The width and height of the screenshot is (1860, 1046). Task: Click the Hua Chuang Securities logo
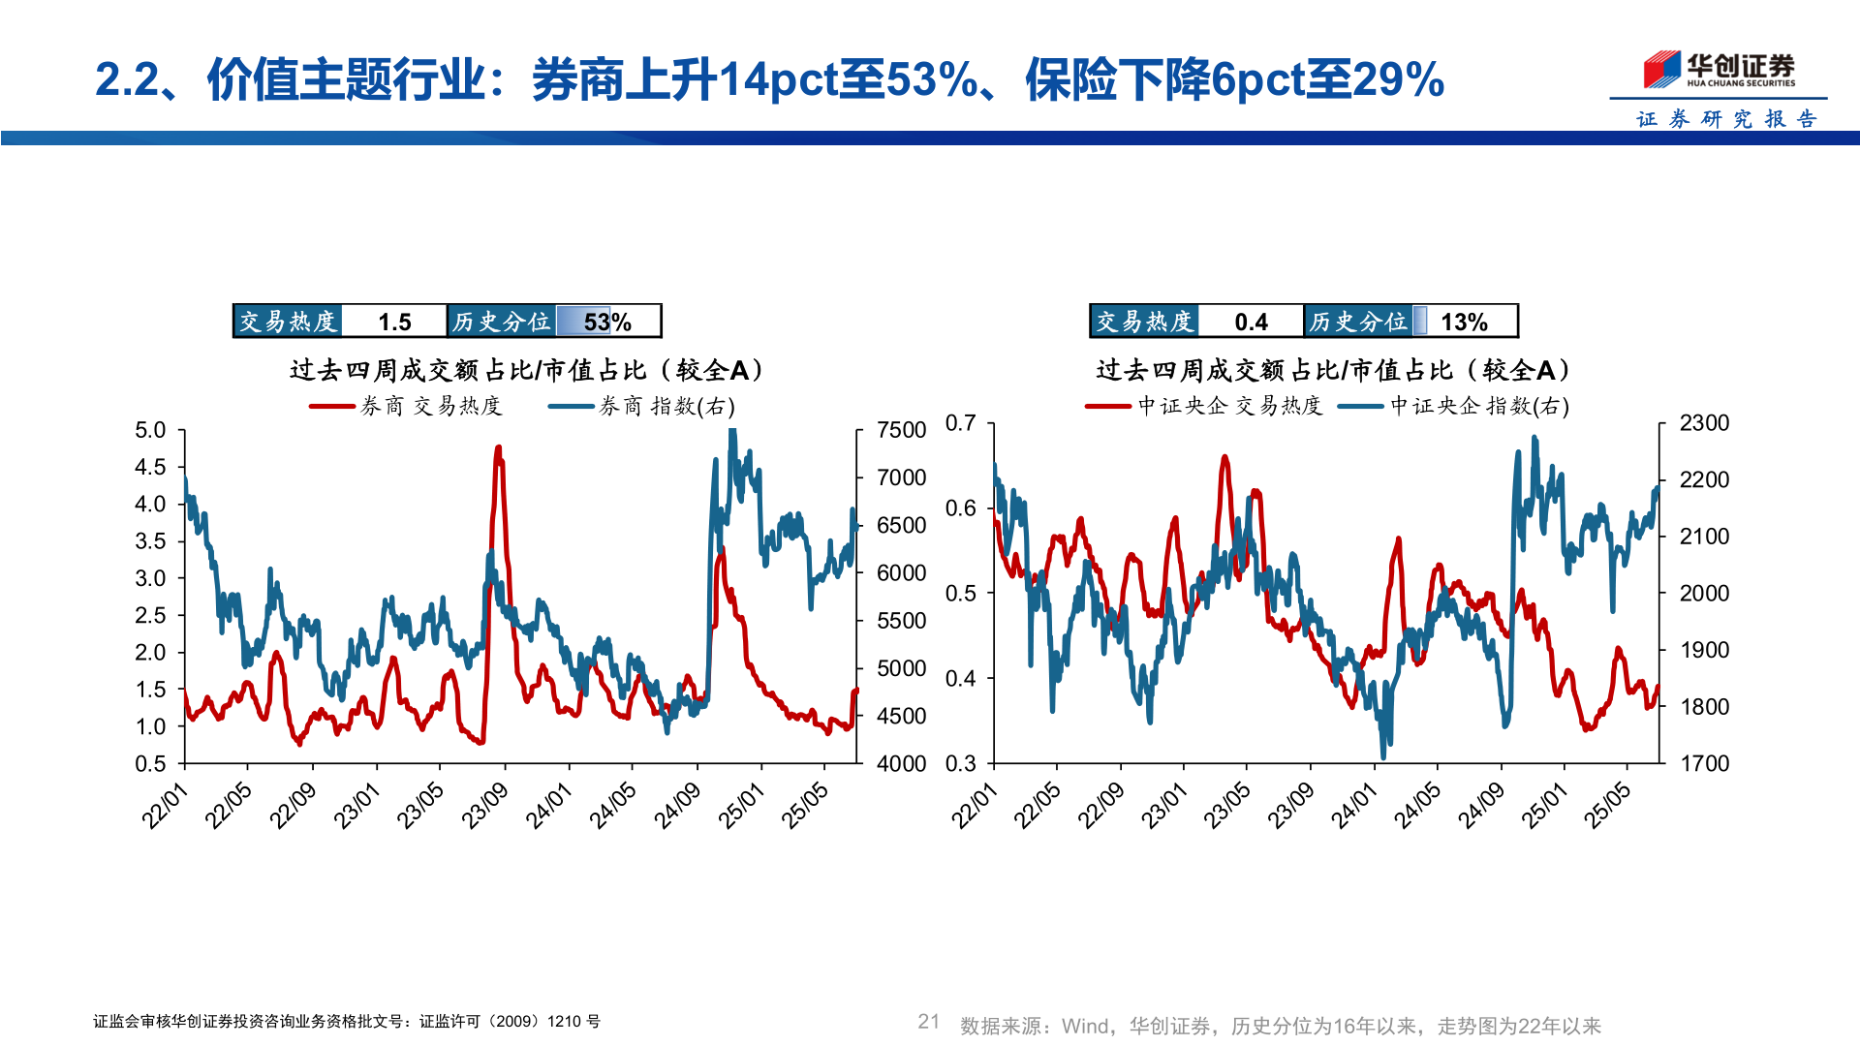1719,70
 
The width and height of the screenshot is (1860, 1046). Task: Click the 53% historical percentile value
607,322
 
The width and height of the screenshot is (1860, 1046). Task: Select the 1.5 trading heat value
394,322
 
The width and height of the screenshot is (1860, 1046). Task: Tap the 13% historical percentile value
1464,322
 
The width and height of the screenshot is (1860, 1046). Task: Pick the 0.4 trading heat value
1251,322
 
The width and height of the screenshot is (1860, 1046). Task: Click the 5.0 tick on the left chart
150,430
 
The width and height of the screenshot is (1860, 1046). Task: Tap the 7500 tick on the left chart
901,430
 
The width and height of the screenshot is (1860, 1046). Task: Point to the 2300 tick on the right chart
1704,423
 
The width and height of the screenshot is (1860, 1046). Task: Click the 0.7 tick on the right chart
960,423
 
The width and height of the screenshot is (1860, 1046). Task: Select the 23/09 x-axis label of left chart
485,806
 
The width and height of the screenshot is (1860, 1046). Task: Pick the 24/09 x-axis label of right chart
1481,806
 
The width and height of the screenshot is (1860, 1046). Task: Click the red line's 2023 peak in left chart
498,448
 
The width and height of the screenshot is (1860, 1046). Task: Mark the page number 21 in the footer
928,1022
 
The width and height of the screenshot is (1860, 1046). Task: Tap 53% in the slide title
931,79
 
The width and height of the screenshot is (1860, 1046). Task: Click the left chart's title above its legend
526,370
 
